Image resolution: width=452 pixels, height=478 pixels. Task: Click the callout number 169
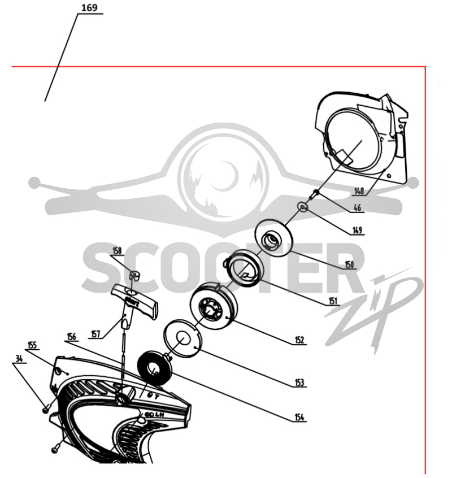[x=89, y=7]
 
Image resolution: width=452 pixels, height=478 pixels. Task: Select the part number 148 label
[x=359, y=191]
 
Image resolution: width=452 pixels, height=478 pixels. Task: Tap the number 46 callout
[x=357, y=207]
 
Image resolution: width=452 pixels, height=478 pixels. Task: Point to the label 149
[x=357, y=230]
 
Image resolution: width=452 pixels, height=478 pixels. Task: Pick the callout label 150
[x=349, y=264]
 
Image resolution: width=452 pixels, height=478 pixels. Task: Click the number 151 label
[x=333, y=301]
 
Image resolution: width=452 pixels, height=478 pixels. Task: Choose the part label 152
[x=299, y=340]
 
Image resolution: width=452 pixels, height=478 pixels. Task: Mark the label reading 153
[x=299, y=383]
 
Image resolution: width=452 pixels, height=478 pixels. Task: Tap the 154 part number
[x=299, y=417]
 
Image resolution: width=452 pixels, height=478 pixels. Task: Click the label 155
[x=32, y=345]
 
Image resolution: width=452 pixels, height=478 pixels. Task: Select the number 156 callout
[x=72, y=337]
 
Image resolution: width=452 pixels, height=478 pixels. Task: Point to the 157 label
[x=95, y=334]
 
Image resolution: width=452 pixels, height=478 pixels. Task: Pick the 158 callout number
[x=117, y=251]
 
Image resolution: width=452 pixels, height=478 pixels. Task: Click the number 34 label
[x=19, y=359]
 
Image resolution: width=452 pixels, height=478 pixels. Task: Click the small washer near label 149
[x=303, y=207]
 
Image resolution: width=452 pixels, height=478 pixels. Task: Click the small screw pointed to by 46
[x=314, y=194]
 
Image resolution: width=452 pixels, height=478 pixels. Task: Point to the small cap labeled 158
[x=134, y=275]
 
